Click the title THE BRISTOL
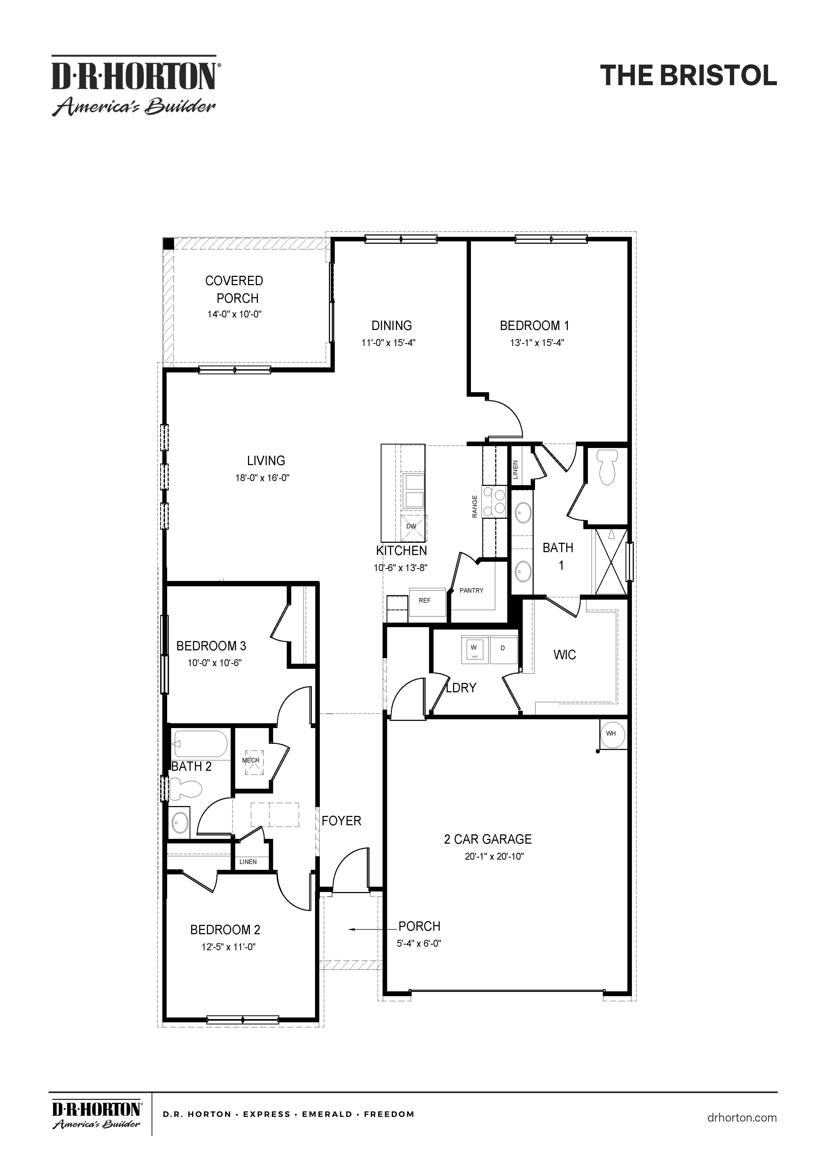point(688,76)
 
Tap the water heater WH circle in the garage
point(611,733)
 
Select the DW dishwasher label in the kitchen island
point(411,526)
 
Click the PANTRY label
point(471,590)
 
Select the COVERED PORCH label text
point(234,289)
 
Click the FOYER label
point(341,821)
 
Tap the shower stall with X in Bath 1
point(610,561)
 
